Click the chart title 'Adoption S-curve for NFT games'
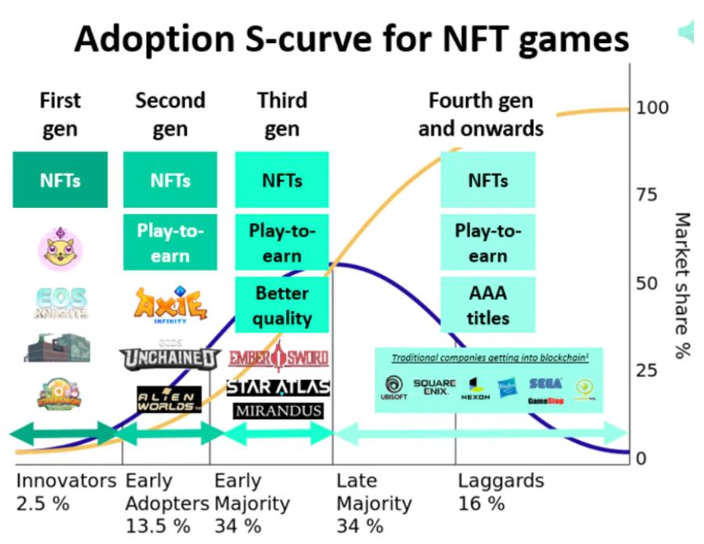click(x=351, y=38)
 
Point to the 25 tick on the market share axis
click(x=648, y=370)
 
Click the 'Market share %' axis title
click(x=682, y=285)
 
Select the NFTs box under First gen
click(x=60, y=181)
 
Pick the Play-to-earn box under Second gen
click(x=170, y=243)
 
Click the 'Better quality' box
click(x=282, y=306)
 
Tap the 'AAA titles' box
click(x=488, y=306)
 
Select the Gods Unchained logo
click(x=170, y=357)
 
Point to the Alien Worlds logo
click(x=169, y=400)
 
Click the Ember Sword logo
click(x=278, y=359)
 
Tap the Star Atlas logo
click(x=278, y=387)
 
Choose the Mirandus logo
click(x=279, y=410)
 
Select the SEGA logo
click(x=545, y=384)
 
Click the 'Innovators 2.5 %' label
click(x=64, y=492)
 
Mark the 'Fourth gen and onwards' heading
click(x=481, y=114)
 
